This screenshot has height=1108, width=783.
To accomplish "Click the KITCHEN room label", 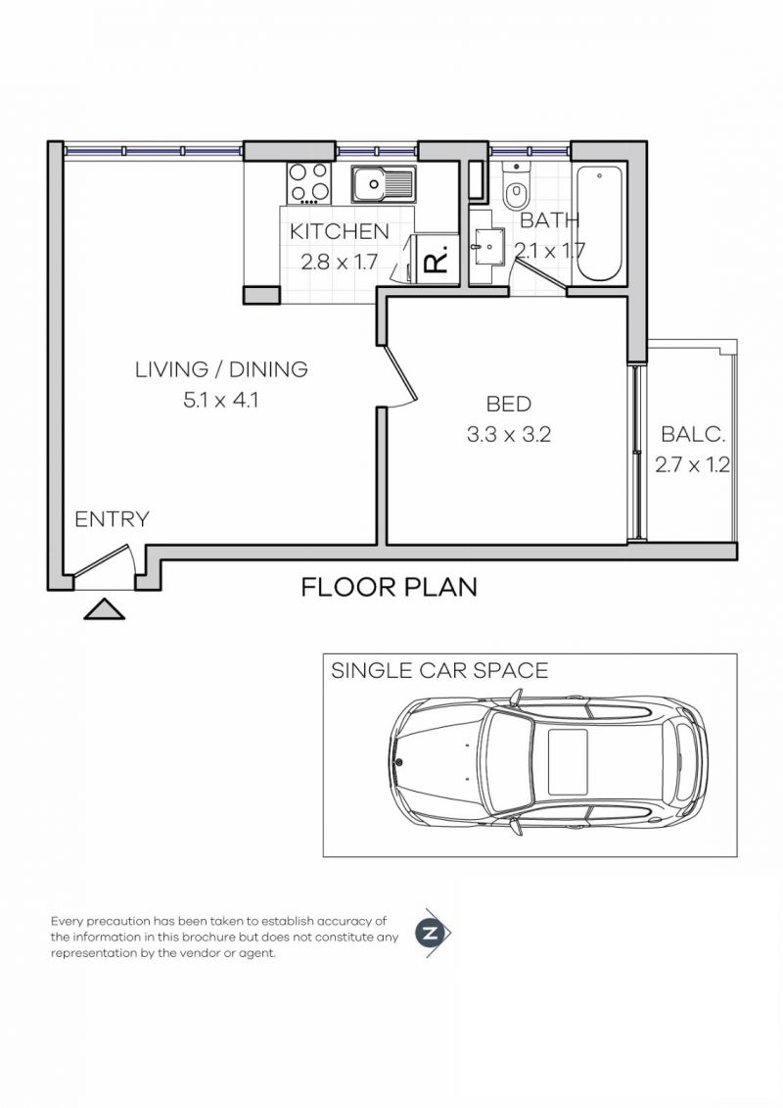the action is (x=339, y=231).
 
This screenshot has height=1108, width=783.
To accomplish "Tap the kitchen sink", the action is (x=384, y=184).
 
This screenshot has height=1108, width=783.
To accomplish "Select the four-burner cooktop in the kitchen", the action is (x=309, y=182).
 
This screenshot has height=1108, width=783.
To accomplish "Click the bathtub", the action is (x=599, y=223).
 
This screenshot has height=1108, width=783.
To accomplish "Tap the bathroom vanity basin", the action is (x=487, y=247).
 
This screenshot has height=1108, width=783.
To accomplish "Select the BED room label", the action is (x=508, y=404).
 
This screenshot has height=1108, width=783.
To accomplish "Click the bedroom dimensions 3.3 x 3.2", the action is (x=508, y=435).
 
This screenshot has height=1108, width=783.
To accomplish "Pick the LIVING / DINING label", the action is (x=221, y=369).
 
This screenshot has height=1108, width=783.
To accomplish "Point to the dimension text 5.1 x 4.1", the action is (x=221, y=401).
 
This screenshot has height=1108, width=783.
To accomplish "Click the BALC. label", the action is (x=693, y=434).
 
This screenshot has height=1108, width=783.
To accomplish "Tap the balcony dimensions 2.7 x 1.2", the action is (x=692, y=465).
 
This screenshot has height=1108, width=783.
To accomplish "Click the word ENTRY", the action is (x=113, y=519).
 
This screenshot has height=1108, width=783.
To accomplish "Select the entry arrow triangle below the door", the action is (x=104, y=609).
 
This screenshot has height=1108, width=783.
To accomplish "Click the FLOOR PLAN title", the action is (x=389, y=587).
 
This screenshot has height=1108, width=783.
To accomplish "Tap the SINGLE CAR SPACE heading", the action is (x=439, y=670).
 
